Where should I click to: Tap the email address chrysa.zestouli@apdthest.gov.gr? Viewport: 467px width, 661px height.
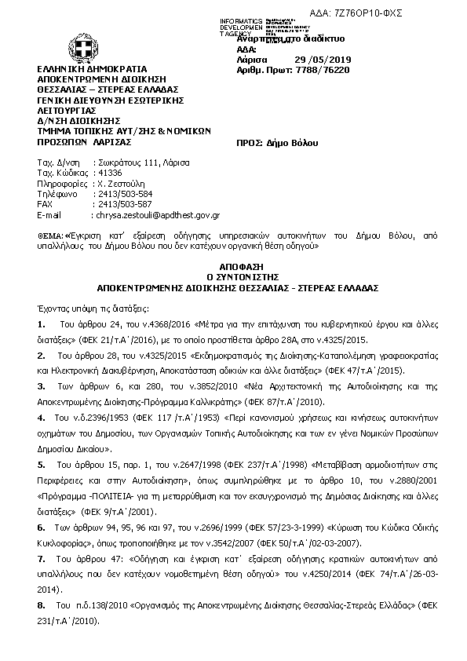click(x=157, y=214)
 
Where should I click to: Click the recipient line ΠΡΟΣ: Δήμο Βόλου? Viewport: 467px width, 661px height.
click(x=275, y=144)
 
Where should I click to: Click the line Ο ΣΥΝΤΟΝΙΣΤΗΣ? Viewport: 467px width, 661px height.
click(x=233, y=277)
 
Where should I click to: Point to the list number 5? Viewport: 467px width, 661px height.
click(x=41, y=464)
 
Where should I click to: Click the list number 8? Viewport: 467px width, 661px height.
click(x=41, y=606)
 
